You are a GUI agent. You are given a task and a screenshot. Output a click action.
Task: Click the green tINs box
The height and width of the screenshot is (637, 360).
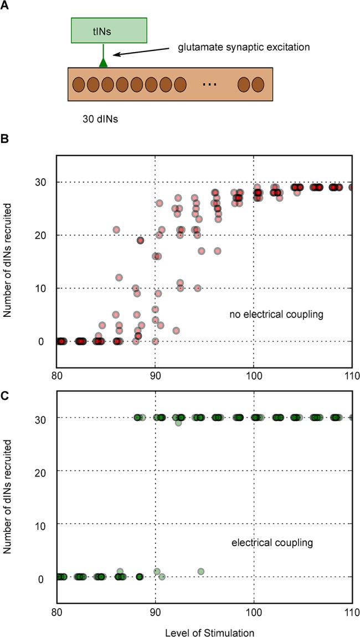[109, 31]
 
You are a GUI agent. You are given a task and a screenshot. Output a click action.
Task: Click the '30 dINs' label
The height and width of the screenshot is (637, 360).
[97, 118]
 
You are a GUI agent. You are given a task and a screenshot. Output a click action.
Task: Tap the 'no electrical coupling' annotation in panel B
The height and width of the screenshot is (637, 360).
[276, 315]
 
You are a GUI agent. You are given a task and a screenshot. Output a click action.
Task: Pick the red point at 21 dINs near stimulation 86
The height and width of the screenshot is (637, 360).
[116, 229]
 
